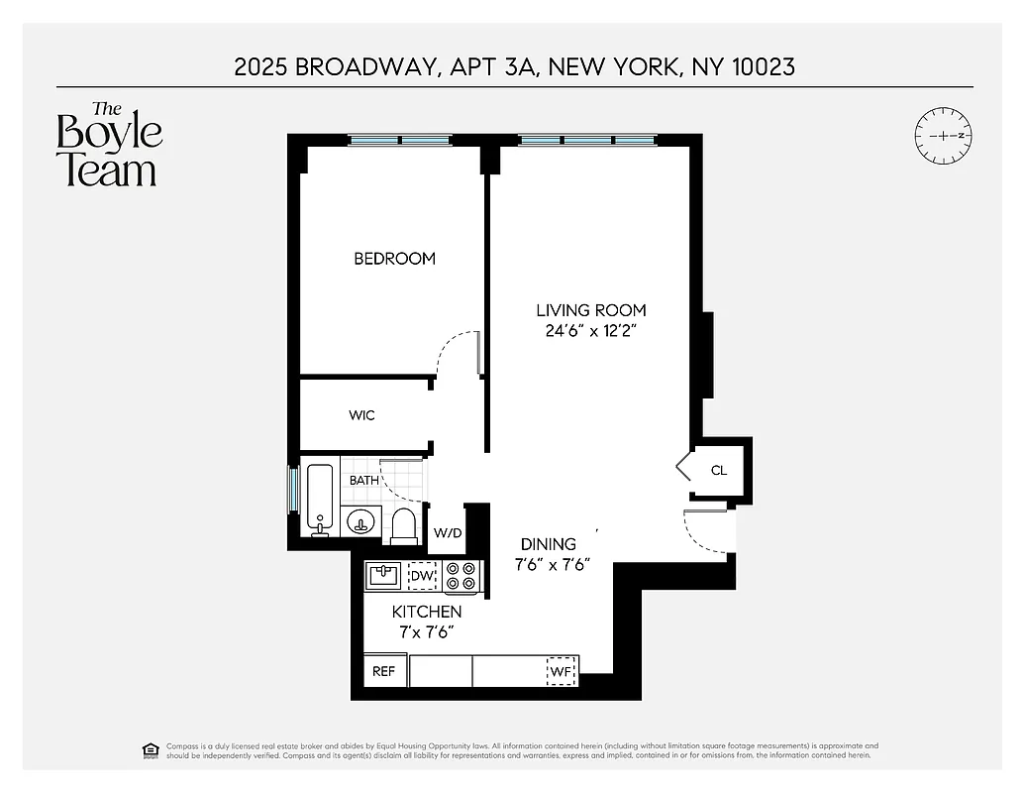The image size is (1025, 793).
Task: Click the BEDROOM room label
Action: tap(394, 259)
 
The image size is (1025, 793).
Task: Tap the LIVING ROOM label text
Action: tap(589, 310)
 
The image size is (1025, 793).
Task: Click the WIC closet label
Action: tap(361, 415)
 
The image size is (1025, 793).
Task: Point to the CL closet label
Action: tap(719, 470)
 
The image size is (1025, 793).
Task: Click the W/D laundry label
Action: tap(448, 533)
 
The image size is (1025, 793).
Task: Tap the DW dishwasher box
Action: tap(423, 575)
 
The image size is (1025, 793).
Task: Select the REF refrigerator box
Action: tap(383, 671)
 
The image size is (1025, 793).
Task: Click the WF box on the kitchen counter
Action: tap(562, 671)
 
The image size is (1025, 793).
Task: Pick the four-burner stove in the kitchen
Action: tap(461, 576)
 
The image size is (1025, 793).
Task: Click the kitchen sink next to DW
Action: tap(383, 575)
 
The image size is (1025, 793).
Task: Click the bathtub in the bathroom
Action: tap(320, 499)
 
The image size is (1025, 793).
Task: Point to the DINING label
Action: tap(549, 544)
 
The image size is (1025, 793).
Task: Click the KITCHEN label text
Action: tap(426, 612)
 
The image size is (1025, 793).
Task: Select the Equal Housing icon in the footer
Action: tap(151, 748)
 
